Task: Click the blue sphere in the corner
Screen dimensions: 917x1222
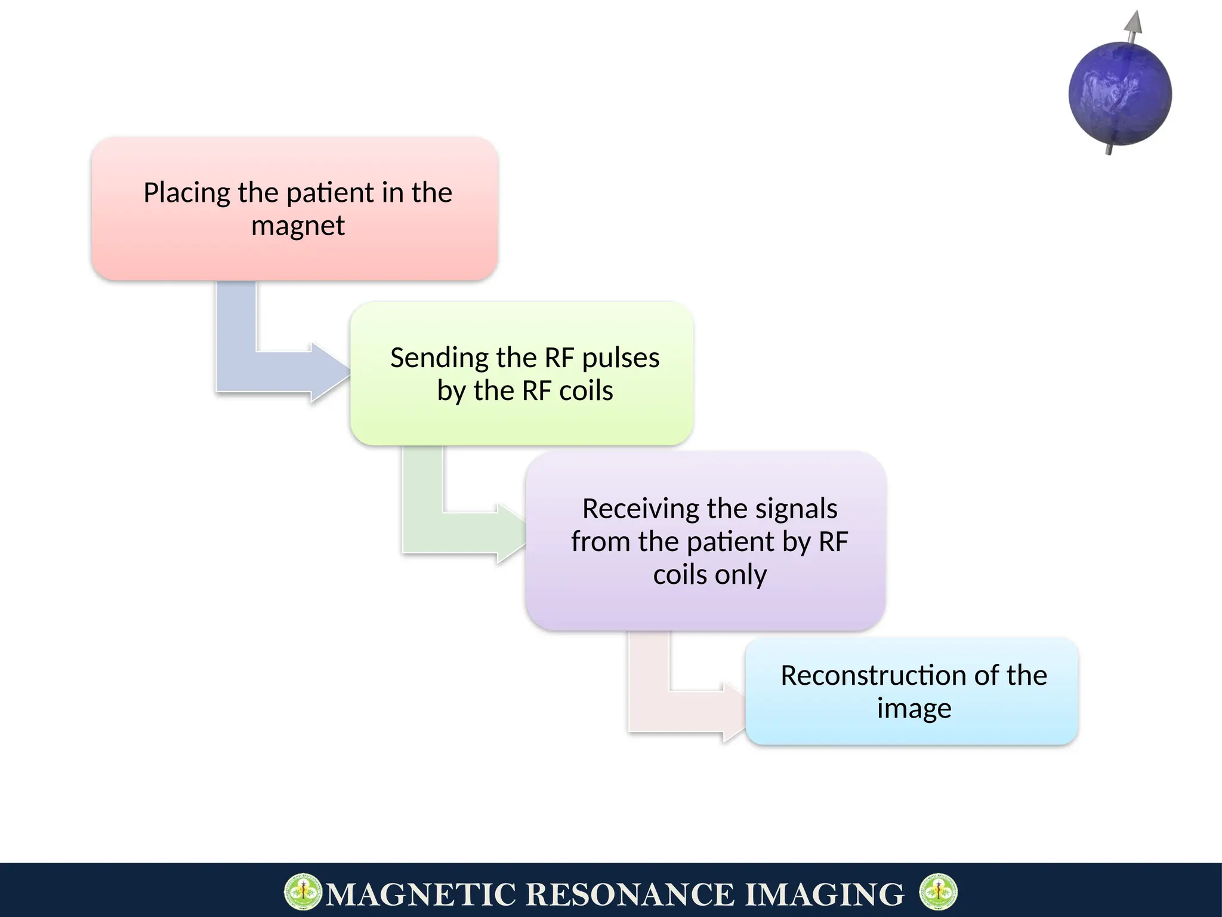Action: coord(1120,94)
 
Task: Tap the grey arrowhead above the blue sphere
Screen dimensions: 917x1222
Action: coord(1134,22)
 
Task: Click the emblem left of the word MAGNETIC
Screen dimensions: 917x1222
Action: coord(303,892)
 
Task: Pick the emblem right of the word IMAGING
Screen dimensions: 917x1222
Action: coord(938,892)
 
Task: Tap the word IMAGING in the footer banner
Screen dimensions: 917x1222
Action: coord(825,894)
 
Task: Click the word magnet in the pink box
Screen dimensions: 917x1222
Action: coord(298,226)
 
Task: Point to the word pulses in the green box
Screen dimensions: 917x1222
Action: coord(621,358)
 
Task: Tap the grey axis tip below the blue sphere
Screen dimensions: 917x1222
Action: coord(1109,150)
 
